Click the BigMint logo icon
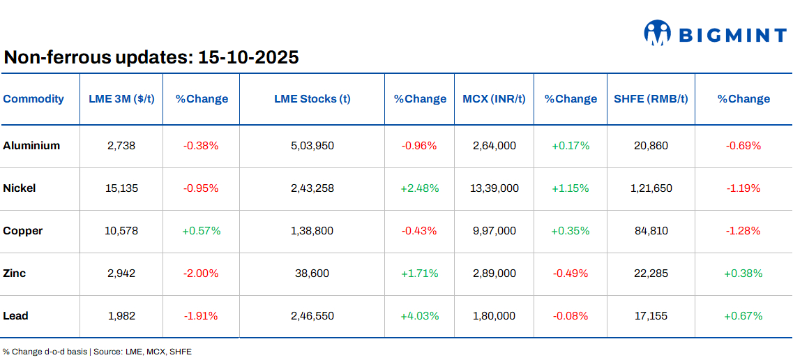(657, 33)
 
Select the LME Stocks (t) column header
(312, 99)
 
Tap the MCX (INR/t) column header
(494, 99)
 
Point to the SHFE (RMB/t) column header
(651, 99)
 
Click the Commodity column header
(33, 99)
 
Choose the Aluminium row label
(31, 146)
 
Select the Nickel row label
(20, 188)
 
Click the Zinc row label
(15, 273)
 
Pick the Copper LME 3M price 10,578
(121, 231)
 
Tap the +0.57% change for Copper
(201, 231)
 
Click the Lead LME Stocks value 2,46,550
(312, 316)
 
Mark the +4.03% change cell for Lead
(419, 316)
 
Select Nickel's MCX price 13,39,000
(494, 188)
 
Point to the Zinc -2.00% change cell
(201, 273)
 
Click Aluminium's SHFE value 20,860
(651, 146)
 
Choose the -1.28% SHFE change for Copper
(743, 231)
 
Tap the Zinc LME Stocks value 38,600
(312, 273)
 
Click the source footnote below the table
(97, 352)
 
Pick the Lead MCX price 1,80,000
(494, 316)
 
